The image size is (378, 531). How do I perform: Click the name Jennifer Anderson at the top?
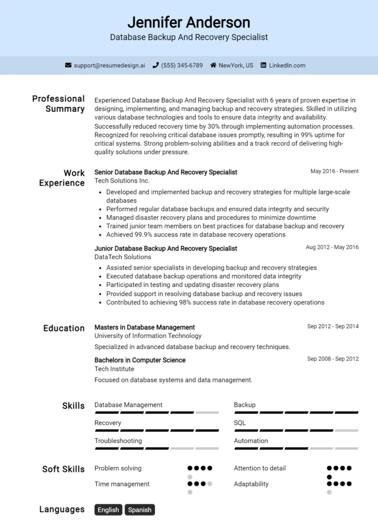pyautogui.click(x=188, y=22)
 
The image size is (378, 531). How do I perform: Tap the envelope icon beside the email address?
pyautogui.click(x=68, y=65)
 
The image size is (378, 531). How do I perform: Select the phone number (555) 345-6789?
pyautogui.click(x=182, y=65)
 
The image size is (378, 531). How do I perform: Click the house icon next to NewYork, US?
pyautogui.click(x=213, y=65)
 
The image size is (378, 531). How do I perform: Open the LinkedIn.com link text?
pyautogui.click(x=287, y=65)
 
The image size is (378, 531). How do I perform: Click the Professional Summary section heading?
pyautogui.click(x=59, y=104)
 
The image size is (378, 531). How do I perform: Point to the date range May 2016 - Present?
pyautogui.click(x=334, y=171)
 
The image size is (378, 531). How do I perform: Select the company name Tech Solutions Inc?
pyautogui.click(x=122, y=181)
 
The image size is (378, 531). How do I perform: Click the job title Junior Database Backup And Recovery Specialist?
pyautogui.click(x=166, y=248)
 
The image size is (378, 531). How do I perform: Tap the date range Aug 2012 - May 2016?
pyautogui.click(x=332, y=247)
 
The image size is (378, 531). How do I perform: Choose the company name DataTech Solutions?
pyautogui.click(x=123, y=257)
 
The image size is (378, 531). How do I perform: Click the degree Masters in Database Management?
pyautogui.click(x=144, y=327)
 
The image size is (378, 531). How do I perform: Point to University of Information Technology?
pyautogui.click(x=148, y=336)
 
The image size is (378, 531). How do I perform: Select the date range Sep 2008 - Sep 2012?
pyautogui.click(x=332, y=359)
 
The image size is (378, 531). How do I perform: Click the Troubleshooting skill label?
pyautogui.click(x=118, y=441)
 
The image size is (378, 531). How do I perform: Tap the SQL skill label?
pyautogui.click(x=240, y=423)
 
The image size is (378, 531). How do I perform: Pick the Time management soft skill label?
pyautogui.click(x=122, y=484)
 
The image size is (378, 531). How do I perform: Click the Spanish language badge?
pyautogui.click(x=140, y=510)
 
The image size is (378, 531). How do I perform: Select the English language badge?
pyautogui.click(x=108, y=510)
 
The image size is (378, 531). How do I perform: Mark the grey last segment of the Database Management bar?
pyautogui.click(x=207, y=412)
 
